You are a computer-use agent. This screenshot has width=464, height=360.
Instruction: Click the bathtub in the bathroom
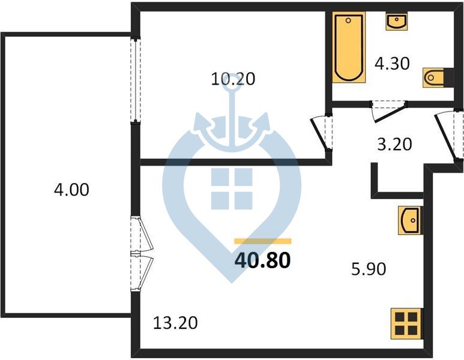tap(349, 47)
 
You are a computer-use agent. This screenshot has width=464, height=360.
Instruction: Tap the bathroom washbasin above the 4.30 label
tap(397, 21)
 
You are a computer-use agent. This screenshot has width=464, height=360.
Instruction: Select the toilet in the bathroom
tap(434, 77)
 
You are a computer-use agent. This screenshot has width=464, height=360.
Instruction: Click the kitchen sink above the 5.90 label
tap(411, 220)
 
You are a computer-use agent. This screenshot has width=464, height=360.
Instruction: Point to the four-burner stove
tap(406, 323)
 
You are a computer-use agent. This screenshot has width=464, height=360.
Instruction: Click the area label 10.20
tap(233, 79)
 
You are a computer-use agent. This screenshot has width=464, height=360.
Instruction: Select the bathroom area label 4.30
tap(392, 64)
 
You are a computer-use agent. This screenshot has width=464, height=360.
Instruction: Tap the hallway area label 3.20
tap(394, 145)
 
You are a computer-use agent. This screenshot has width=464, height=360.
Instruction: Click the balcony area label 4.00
tap(71, 190)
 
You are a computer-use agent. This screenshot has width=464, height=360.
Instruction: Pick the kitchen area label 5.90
tap(369, 269)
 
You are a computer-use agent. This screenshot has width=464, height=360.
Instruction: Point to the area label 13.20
tap(175, 323)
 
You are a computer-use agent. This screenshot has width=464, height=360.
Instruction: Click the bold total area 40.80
tap(262, 260)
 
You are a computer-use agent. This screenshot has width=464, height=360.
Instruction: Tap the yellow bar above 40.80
tap(263, 241)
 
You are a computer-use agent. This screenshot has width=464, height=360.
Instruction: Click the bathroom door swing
tap(388, 110)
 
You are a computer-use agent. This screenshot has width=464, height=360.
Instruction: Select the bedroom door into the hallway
tap(322, 132)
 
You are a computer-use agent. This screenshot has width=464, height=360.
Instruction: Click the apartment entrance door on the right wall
tap(449, 136)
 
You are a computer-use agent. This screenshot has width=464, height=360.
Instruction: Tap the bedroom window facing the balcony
tap(136, 80)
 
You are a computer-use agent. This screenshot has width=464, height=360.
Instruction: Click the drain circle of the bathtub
tap(348, 20)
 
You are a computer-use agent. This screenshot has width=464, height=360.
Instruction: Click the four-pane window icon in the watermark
tap(232, 189)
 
